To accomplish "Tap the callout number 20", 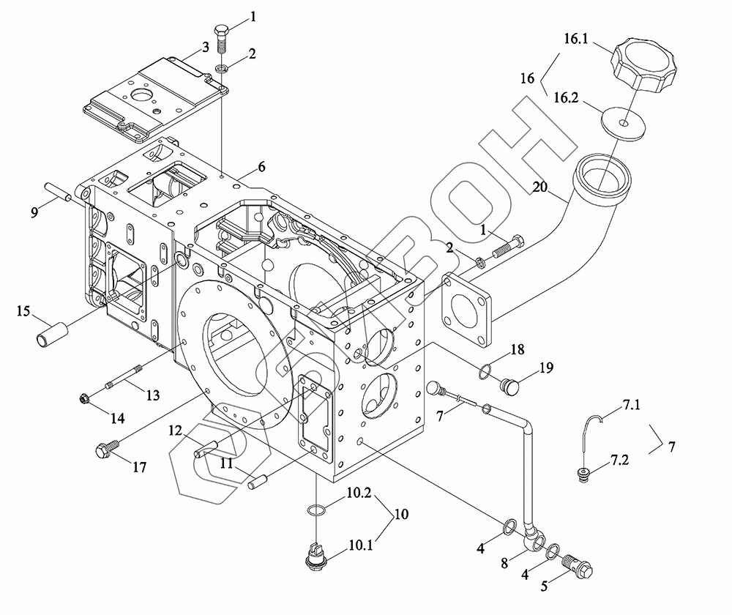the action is coord(539,187).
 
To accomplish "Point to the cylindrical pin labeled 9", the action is coord(59,193).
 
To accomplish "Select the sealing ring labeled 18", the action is coord(485,371).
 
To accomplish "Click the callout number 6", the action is coord(261,167).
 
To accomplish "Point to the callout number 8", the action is coord(504,563).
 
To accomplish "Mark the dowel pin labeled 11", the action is coord(258,482).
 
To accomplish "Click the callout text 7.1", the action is coord(631,405).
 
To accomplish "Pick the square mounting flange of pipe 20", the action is coord(467,310).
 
